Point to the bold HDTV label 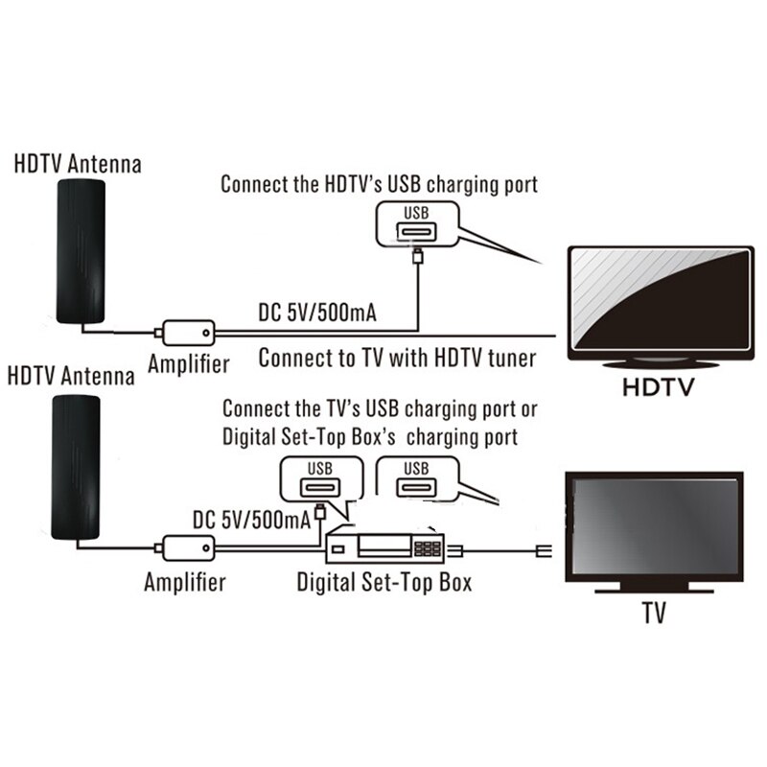657,388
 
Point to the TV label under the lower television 656,611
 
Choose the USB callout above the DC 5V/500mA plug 319,480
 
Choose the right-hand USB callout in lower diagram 418,480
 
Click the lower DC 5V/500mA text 251,519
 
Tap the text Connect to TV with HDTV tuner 397,360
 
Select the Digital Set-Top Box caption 383,582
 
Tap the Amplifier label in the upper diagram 189,363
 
